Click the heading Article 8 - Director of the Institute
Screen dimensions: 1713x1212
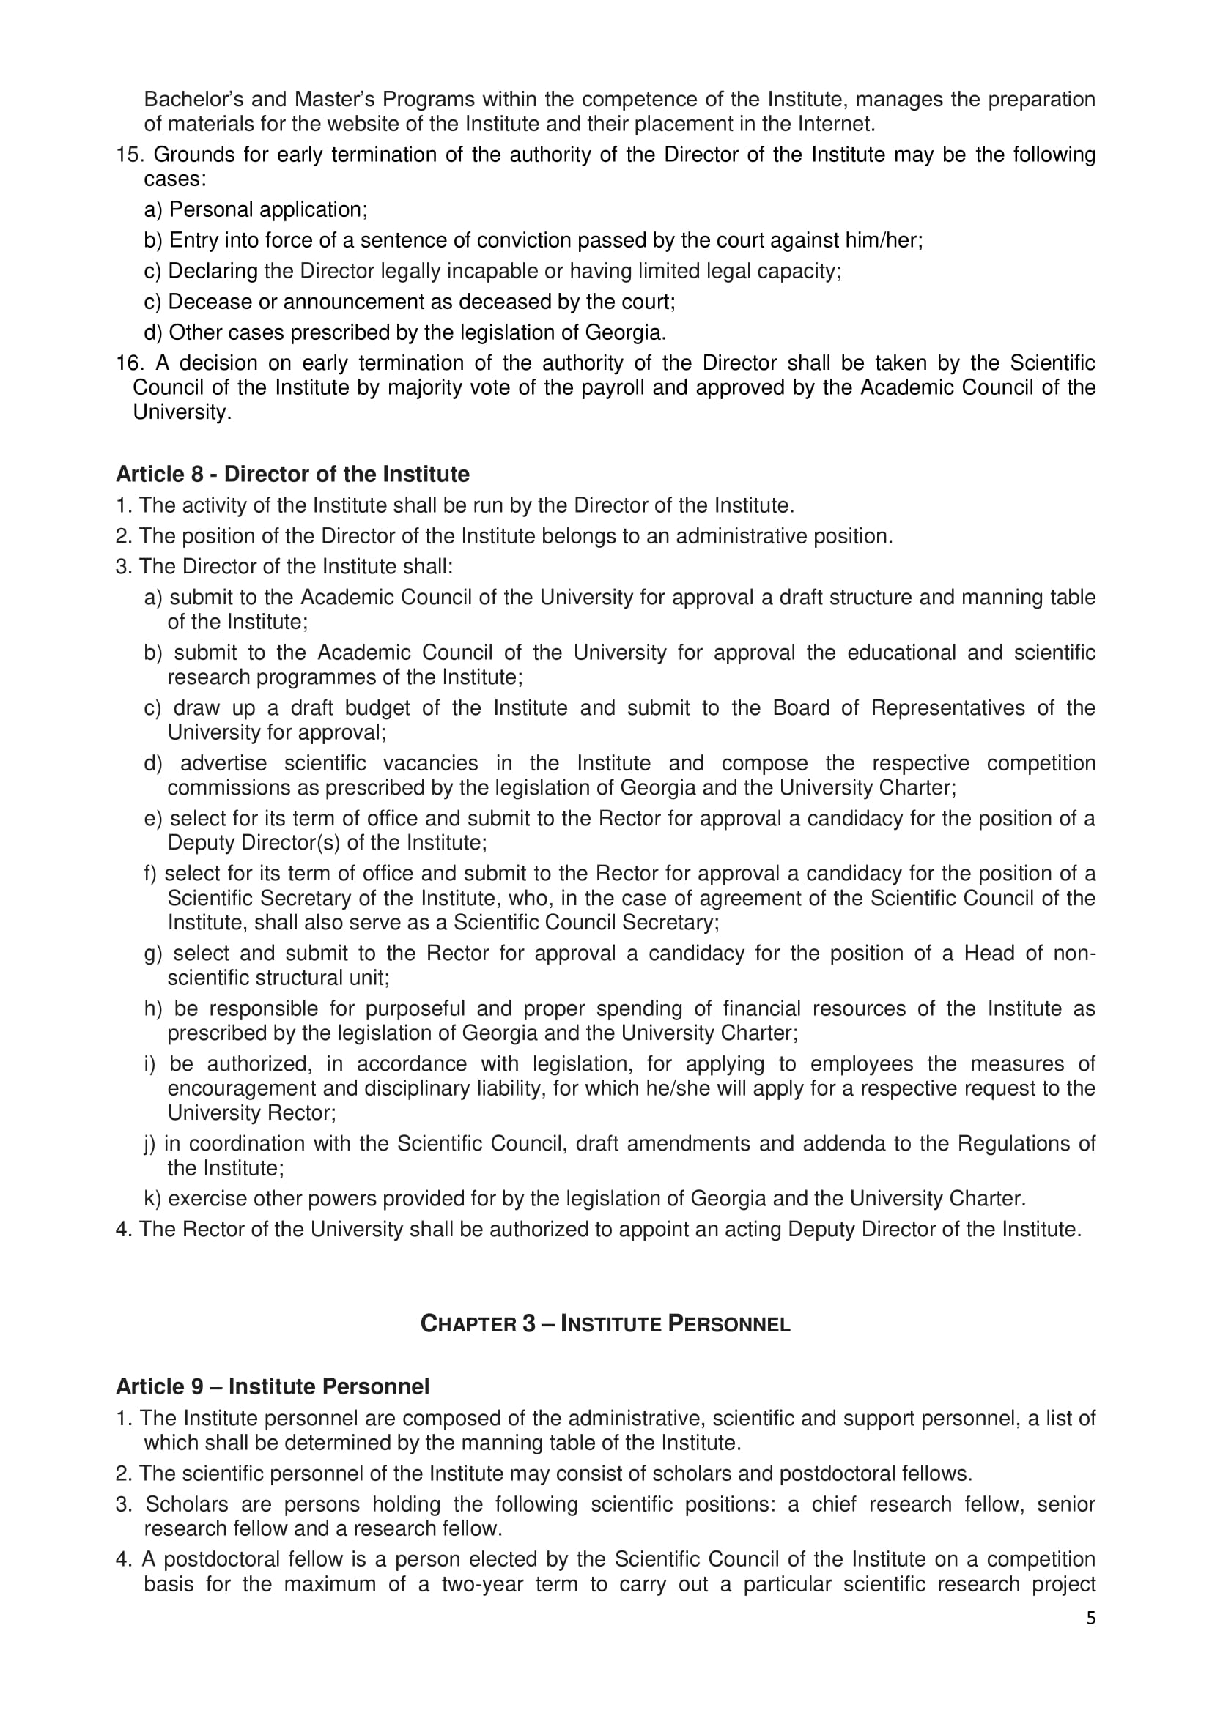point(292,475)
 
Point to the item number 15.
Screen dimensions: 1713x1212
point(130,155)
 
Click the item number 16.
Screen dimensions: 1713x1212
point(130,363)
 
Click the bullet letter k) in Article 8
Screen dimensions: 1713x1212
point(152,1199)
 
